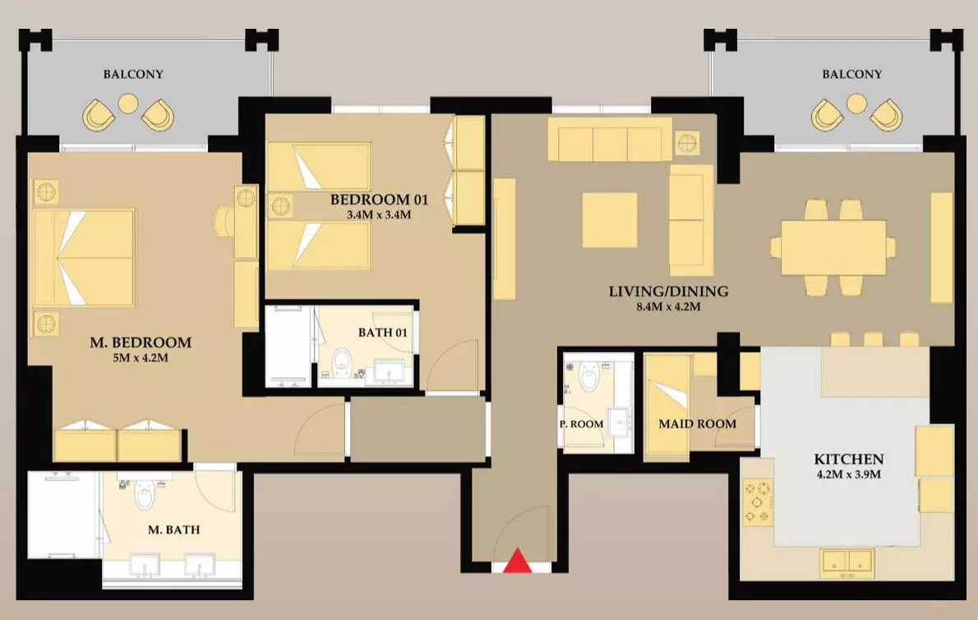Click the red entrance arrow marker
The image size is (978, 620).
click(518, 561)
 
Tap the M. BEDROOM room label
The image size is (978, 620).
click(141, 342)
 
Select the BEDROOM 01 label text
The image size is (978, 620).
click(379, 200)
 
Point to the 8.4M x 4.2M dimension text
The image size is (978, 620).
click(669, 306)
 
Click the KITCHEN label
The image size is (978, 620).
click(848, 459)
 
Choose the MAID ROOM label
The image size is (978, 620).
click(697, 423)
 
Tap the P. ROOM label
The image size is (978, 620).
click(581, 424)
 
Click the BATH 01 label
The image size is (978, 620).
click(382, 332)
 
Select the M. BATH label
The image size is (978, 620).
click(174, 530)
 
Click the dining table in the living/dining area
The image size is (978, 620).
click(833, 247)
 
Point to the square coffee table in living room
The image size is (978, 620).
click(610, 220)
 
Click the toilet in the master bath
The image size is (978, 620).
click(145, 495)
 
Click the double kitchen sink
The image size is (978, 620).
click(847, 561)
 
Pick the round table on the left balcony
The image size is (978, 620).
click(128, 104)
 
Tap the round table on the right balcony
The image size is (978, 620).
click(856, 104)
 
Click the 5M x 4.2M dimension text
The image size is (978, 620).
click(141, 358)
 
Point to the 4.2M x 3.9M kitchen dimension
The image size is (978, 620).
click(848, 474)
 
